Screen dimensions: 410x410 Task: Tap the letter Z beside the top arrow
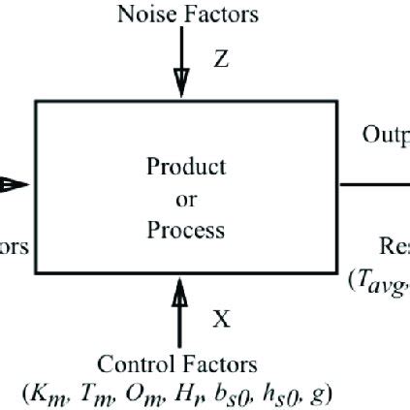tap(221, 59)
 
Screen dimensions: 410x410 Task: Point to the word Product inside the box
tap(186, 166)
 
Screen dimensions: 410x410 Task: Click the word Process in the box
tap(186, 231)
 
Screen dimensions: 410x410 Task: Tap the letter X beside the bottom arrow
tap(221, 320)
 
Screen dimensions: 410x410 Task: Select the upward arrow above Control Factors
tap(179, 310)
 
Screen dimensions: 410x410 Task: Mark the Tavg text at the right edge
tap(383, 282)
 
